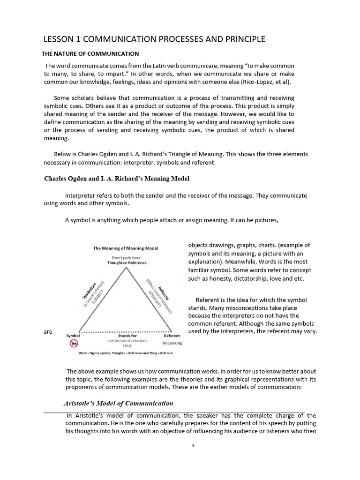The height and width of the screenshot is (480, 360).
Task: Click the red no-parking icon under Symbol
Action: pyautogui.click(x=73, y=344)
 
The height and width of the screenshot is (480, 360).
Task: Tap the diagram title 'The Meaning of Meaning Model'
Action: pyautogui.click(x=125, y=248)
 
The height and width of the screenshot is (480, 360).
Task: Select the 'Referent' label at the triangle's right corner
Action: pyautogui.click(x=172, y=336)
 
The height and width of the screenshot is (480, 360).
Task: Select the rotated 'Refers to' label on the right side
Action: pyautogui.click(x=164, y=291)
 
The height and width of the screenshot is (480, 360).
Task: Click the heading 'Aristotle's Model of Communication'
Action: pyautogui.click(x=119, y=403)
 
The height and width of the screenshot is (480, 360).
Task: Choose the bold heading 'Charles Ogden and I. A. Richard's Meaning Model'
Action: pyautogui.click(x=117, y=179)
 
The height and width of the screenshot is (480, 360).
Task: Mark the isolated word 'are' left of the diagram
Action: pyautogui.click(x=48, y=332)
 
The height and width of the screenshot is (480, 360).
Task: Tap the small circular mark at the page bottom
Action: pyautogui.click(x=193, y=445)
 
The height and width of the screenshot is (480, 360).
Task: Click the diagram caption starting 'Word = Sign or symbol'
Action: pyautogui.click(x=126, y=352)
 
